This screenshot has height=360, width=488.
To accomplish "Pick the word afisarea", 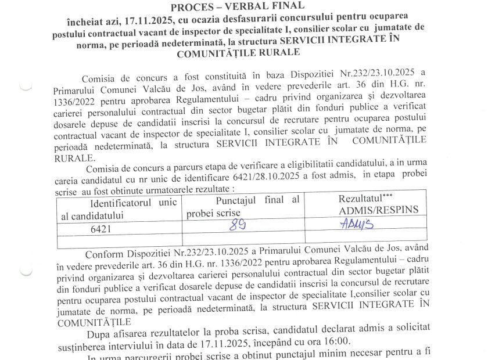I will pos(127,331).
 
